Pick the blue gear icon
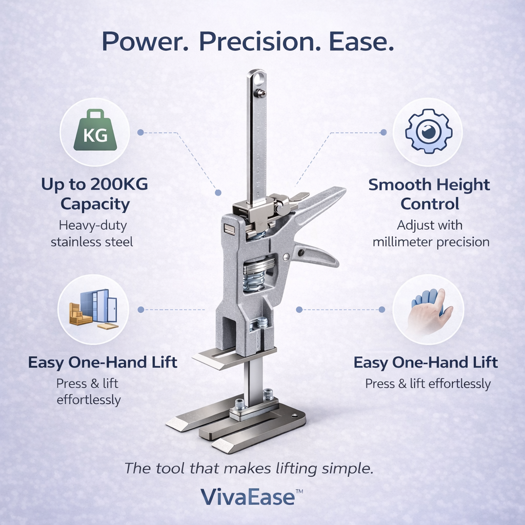click(428, 132)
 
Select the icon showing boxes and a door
click(93, 309)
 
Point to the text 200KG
click(119, 185)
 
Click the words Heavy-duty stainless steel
click(92, 233)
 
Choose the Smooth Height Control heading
click(429, 194)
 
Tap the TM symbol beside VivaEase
click(299, 491)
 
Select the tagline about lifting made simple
click(249, 468)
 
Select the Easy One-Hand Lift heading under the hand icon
click(426, 363)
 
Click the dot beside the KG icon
click(140, 132)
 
